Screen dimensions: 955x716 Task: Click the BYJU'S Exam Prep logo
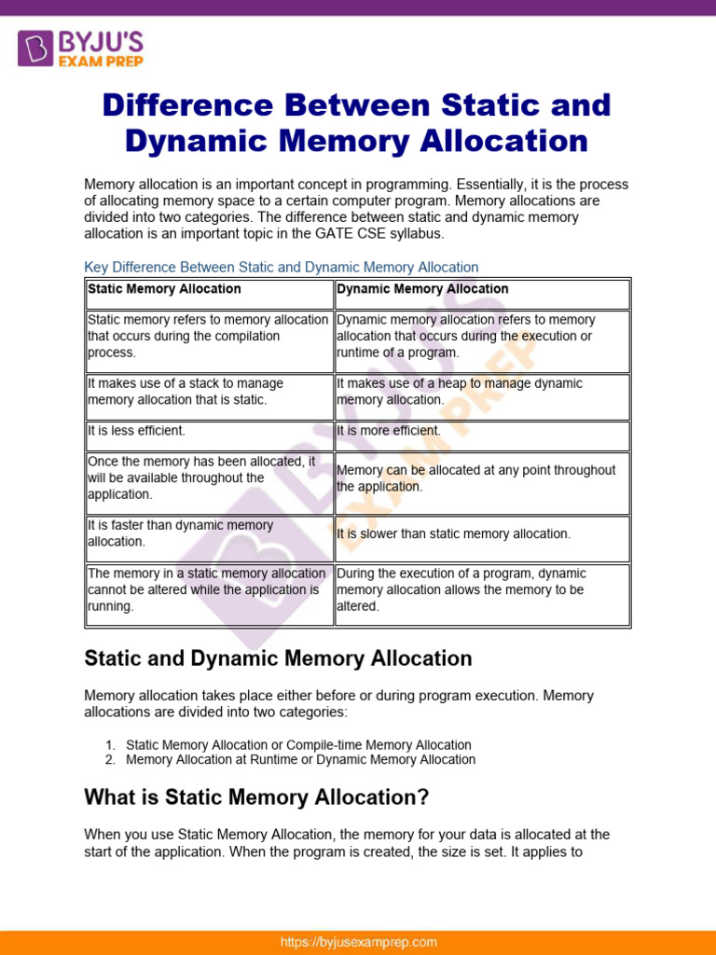tap(79, 48)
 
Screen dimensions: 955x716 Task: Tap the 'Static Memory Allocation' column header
tap(164, 289)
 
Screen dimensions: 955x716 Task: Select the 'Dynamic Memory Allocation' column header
tap(422, 289)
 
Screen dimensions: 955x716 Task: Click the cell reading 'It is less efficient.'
tap(137, 431)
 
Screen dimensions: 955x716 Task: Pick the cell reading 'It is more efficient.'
tap(389, 431)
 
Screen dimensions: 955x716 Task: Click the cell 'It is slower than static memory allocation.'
tap(453, 534)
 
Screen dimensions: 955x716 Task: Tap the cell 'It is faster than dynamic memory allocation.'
tap(180, 533)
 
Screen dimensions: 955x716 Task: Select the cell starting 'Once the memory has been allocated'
tap(201, 477)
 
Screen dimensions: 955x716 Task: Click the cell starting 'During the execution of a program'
tap(461, 589)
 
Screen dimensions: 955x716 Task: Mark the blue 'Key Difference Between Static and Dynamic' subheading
tap(282, 268)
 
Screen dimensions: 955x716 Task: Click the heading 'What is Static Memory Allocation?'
tap(256, 797)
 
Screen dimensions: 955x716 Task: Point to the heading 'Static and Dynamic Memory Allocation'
tap(278, 658)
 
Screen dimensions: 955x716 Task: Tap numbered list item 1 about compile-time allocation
tap(298, 745)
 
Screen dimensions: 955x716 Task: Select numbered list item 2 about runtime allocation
tap(300, 760)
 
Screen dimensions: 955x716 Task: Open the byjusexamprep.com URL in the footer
tap(358, 942)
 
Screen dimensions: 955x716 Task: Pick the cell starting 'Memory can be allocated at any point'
tap(475, 478)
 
